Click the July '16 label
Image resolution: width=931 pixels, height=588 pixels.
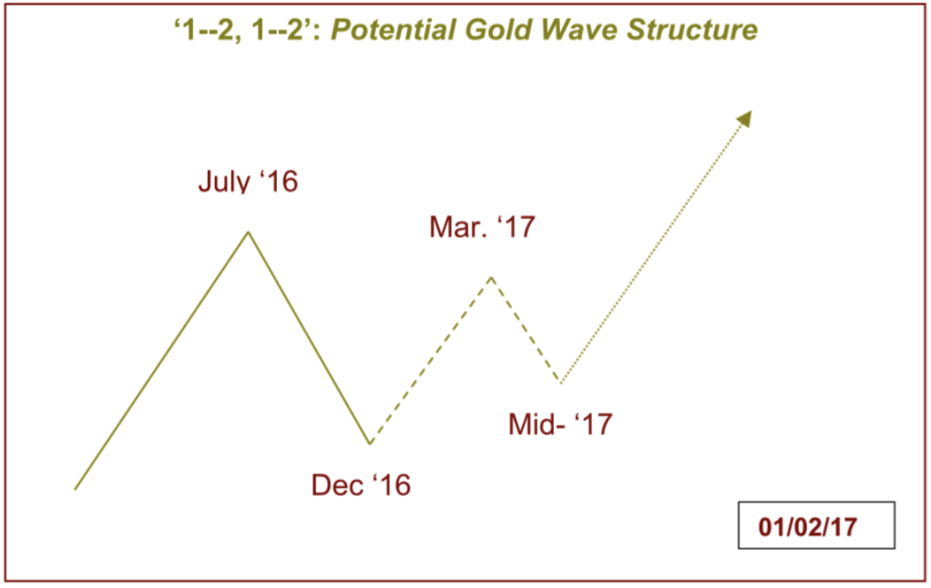tap(248, 181)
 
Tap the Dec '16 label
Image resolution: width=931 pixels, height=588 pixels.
tap(361, 485)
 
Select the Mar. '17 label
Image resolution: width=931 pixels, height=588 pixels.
tap(482, 228)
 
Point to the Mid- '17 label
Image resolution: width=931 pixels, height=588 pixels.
tap(560, 424)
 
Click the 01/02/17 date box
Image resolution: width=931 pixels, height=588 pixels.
tap(816, 525)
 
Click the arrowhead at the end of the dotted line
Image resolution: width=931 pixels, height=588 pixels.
tap(745, 117)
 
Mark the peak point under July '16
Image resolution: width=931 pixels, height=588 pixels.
tap(248, 232)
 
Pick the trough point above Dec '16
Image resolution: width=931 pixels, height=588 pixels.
tap(370, 442)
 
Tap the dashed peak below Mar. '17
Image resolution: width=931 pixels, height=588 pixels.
tap(492, 277)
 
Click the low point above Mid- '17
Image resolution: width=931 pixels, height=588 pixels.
tap(560, 381)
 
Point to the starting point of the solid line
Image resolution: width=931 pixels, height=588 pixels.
tap(75, 490)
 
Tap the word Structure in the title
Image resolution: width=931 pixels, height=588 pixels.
tap(692, 30)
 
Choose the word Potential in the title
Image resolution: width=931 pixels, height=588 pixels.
tap(394, 30)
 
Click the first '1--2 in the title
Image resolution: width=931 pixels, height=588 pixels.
tap(207, 30)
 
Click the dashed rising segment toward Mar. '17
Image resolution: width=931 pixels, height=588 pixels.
tap(431, 360)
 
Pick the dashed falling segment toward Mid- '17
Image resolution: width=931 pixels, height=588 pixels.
tap(526, 329)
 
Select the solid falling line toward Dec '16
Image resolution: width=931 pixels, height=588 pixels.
tap(309, 338)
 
